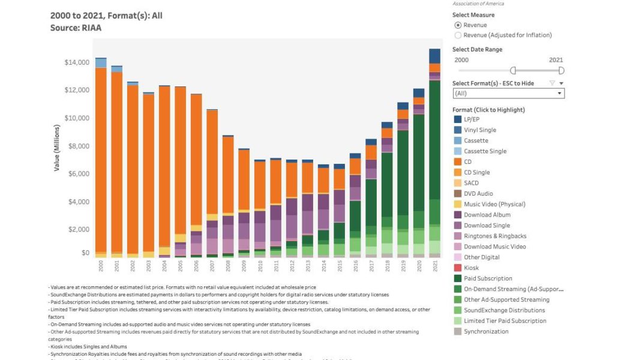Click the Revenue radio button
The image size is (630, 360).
(x=458, y=25)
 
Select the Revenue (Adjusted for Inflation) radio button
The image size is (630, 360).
(x=458, y=35)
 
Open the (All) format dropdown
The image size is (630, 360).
(x=508, y=94)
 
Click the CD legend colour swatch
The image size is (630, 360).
(x=458, y=162)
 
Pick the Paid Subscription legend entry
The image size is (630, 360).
(x=488, y=278)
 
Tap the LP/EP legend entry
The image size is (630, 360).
(x=476, y=119)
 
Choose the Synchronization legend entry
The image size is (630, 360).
(x=486, y=331)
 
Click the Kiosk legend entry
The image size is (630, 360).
(x=472, y=268)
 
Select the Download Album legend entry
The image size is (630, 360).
(x=487, y=215)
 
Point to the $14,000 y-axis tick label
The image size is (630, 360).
(x=77, y=62)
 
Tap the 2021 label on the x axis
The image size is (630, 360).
(x=435, y=266)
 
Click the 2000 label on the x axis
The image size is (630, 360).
(x=101, y=266)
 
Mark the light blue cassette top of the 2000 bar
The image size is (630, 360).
(x=101, y=63)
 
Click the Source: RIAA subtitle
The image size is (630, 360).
(x=76, y=28)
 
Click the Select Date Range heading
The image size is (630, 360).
(x=477, y=50)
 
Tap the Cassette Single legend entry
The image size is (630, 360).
(x=485, y=151)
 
